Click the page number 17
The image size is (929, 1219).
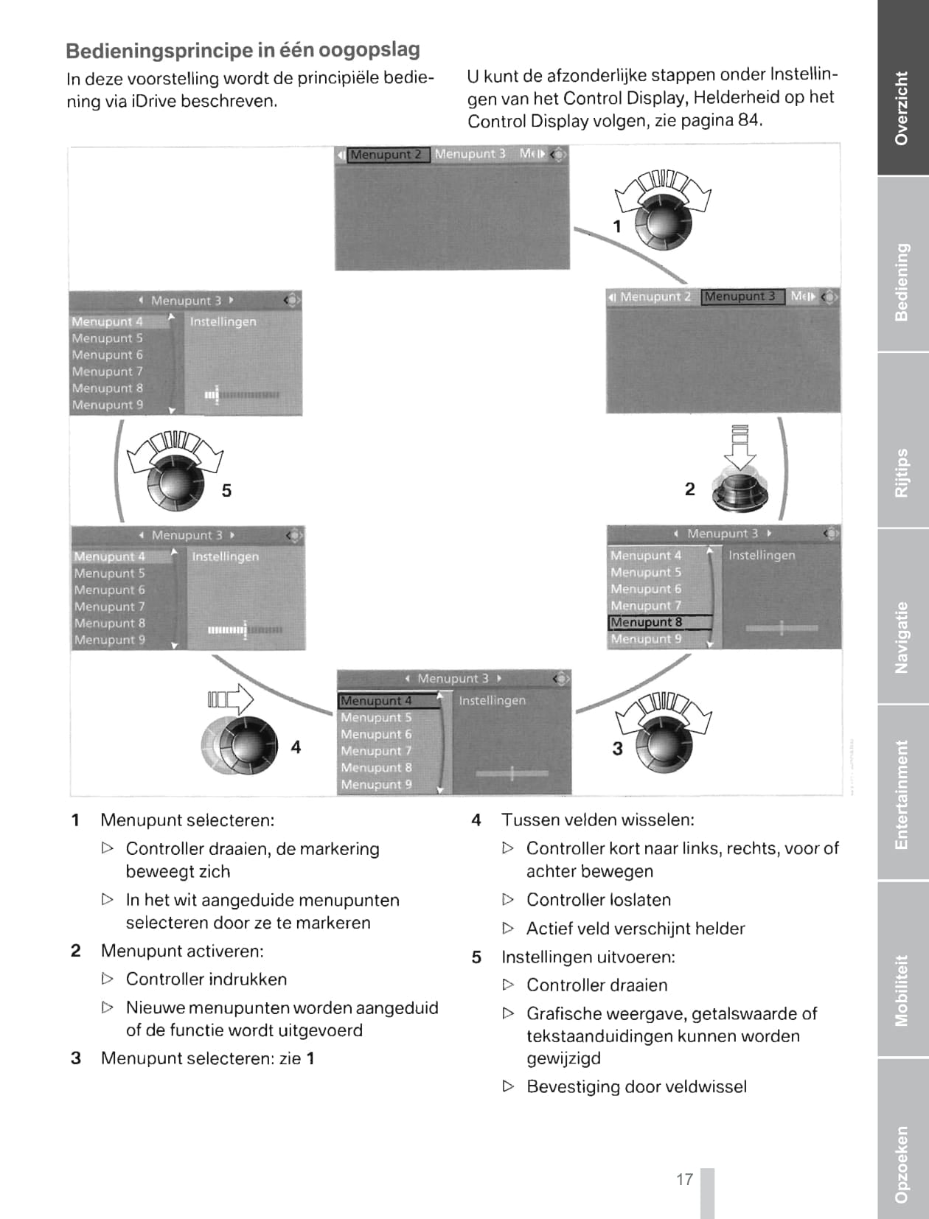(684, 1179)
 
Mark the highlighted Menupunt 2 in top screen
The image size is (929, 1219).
(386, 155)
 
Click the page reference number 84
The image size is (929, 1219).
(748, 120)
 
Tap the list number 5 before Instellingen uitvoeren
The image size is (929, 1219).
(476, 957)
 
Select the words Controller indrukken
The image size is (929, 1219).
(206, 979)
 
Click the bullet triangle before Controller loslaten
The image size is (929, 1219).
(508, 900)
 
